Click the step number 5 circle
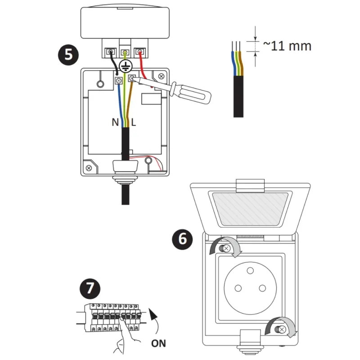[x=68, y=55]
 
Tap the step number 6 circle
[x=182, y=239]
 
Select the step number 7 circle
[x=90, y=288]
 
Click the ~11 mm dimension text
[x=287, y=46]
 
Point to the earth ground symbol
[x=126, y=66]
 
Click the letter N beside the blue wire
[x=115, y=122]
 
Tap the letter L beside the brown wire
[x=134, y=122]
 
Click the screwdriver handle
[x=190, y=93]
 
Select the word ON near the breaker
[x=158, y=343]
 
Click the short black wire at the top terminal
[x=114, y=63]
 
